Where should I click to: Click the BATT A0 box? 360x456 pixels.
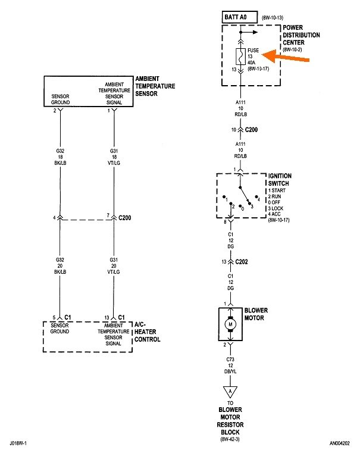(238, 18)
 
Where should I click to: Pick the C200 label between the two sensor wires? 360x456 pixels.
(124, 218)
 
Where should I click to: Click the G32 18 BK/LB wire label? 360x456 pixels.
(60, 157)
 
